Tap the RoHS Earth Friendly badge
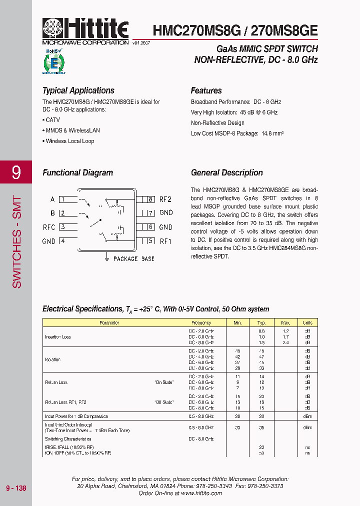click(54, 61)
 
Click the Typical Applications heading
click(78, 90)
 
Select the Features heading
click(206, 90)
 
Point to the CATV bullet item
click(52, 120)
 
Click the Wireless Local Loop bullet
click(69, 141)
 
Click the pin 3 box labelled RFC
click(62, 227)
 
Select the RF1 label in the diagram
click(165, 241)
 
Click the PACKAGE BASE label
click(133, 259)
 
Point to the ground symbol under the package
click(106, 257)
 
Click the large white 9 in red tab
click(16, 172)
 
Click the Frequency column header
click(201, 323)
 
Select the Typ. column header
click(261, 323)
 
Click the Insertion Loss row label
click(58, 337)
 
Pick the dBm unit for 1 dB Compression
click(307, 416)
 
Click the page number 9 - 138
click(16, 488)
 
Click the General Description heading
click(226, 172)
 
